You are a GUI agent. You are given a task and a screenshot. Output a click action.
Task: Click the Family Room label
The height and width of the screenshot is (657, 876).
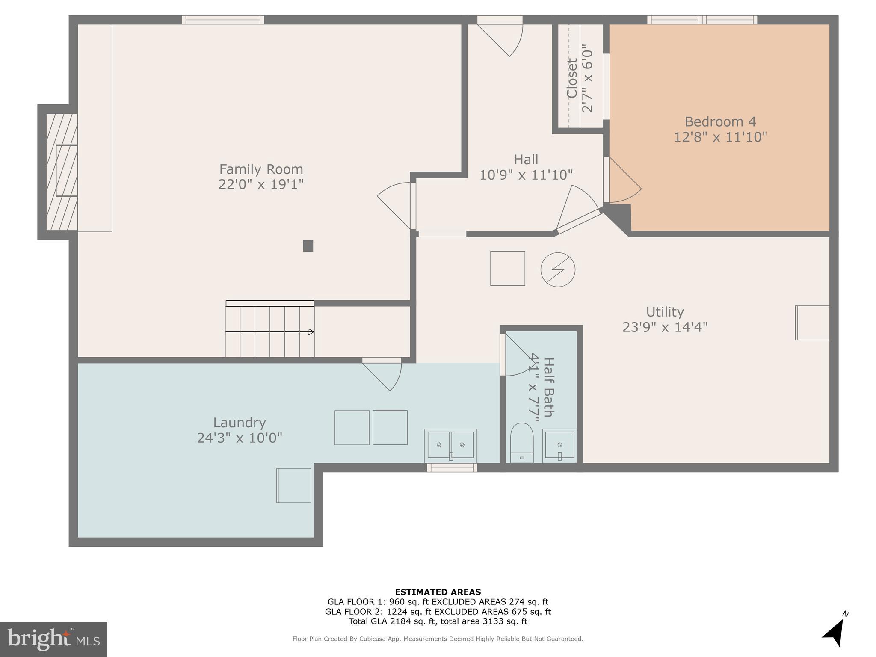(x=261, y=169)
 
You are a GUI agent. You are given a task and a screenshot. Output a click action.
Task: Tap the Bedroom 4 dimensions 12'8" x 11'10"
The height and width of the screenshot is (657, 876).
(x=720, y=137)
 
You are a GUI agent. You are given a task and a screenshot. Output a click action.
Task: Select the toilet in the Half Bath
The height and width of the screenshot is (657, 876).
(x=522, y=443)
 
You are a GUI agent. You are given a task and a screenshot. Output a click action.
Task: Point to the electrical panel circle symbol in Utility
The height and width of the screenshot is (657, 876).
(x=558, y=269)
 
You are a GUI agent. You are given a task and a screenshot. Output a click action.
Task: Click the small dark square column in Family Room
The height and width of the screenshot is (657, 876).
(x=308, y=246)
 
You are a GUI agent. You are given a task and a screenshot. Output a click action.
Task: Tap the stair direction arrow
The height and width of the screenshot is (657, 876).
(x=311, y=332)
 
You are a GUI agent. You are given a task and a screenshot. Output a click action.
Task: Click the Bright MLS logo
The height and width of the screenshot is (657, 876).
(x=53, y=639)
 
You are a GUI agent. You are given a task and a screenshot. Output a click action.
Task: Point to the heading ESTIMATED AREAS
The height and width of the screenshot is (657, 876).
(x=438, y=592)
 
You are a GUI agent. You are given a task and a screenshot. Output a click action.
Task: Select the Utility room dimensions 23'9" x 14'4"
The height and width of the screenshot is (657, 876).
(x=665, y=327)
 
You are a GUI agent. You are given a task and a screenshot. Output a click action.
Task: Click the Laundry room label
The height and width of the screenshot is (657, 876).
(x=240, y=423)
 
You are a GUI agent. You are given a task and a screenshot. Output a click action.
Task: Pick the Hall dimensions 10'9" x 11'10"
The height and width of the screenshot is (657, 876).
(x=526, y=175)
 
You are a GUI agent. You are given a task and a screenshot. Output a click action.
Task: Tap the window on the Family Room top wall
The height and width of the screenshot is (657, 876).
(x=223, y=20)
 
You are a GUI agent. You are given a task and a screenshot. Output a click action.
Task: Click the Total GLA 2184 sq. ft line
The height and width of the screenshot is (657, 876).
(x=438, y=621)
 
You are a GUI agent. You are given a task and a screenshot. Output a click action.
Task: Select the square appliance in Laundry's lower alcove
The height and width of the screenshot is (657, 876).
(x=294, y=485)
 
